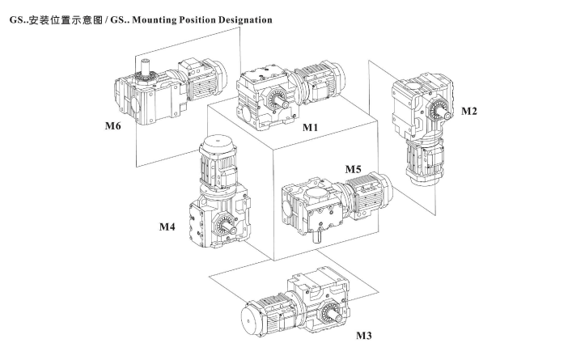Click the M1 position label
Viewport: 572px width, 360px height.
pos(311,128)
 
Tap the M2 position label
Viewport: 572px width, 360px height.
pos(468,111)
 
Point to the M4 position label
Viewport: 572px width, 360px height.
pos(167,227)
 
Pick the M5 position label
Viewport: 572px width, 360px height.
pos(353,170)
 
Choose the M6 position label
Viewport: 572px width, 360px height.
pos(112,126)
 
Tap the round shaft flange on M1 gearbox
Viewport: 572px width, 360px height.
pos(275,100)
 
